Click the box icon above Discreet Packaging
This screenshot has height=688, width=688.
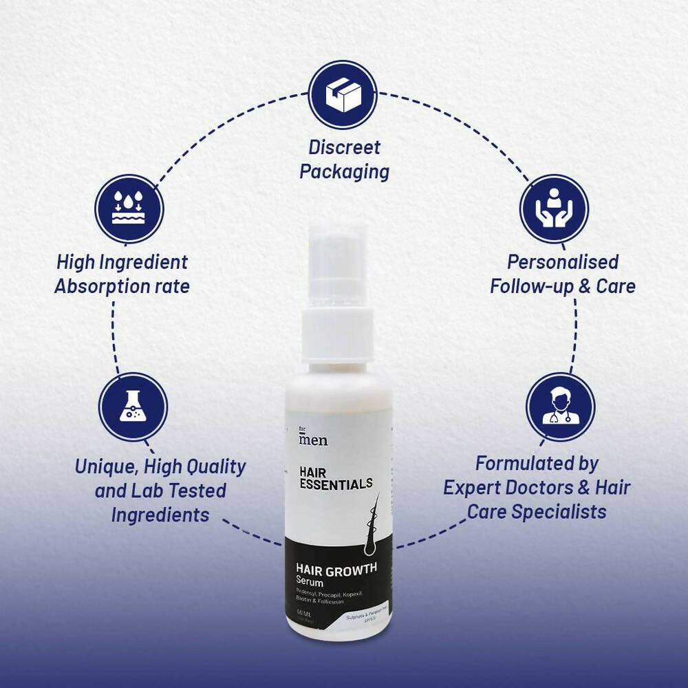click(342, 94)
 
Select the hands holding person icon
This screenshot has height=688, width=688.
click(554, 208)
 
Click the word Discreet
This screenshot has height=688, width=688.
click(344, 147)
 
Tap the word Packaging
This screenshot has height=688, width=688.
click(344, 172)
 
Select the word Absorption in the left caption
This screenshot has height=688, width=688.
click(101, 286)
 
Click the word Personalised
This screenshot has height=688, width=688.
click(563, 262)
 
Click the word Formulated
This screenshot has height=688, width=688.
click(537, 463)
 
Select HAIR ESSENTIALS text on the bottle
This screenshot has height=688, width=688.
click(336, 477)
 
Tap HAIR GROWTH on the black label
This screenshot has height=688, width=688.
click(336, 569)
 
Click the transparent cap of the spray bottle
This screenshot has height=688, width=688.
click(338, 268)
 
